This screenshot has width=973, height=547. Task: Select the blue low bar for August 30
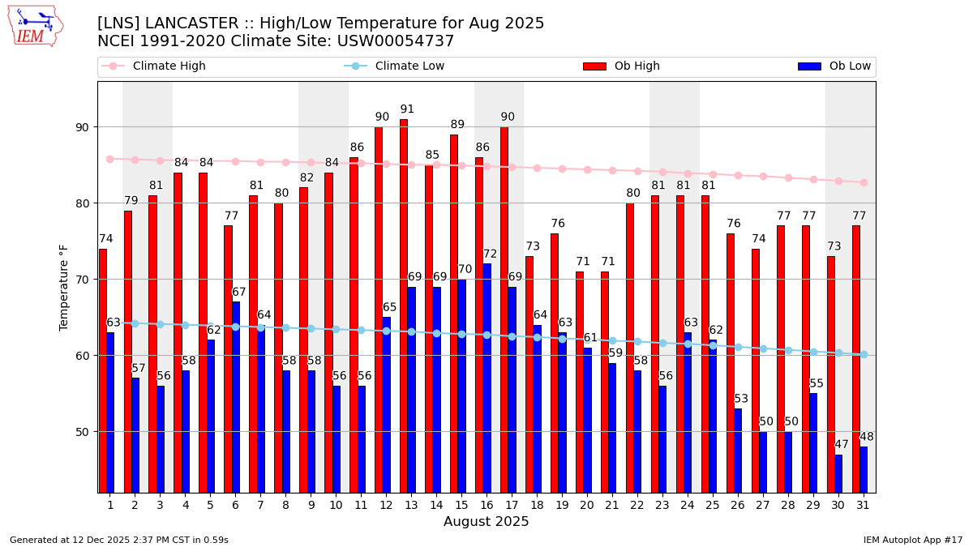point(838,473)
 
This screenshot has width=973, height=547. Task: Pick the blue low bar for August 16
point(486,378)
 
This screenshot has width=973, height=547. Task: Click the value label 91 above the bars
point(407,109)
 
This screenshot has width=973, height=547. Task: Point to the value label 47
point(842,445)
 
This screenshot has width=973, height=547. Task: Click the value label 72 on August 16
point(491,254)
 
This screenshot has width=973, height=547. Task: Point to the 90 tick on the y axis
point(82,127)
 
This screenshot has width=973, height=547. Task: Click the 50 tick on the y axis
point(82,432)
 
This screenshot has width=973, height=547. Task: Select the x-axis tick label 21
point(612,505)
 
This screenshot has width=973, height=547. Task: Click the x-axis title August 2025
point(486,522)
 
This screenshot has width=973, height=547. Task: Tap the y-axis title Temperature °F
point(64,287)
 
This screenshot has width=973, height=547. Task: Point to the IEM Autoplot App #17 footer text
point(912,540)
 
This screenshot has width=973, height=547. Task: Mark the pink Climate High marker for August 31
point(864,182)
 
